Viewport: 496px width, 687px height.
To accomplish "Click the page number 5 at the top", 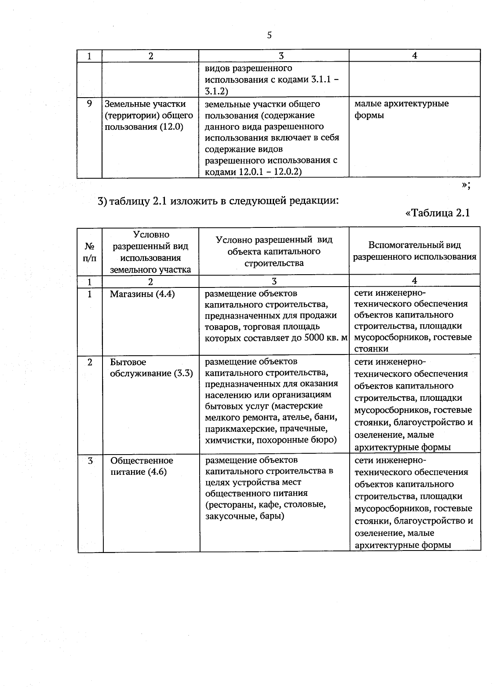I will pos(269,36).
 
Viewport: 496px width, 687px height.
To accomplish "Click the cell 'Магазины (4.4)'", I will pos(142,294).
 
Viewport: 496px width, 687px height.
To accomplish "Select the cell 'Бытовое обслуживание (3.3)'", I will pos(151,368).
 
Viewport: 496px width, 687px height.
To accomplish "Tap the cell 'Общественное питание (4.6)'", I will pos(141,466).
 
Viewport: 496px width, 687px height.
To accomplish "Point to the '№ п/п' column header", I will pos(90,251).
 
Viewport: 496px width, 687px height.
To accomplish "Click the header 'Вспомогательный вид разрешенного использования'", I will pos(414,251).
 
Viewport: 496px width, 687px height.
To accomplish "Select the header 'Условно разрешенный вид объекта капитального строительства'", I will pos(274,251).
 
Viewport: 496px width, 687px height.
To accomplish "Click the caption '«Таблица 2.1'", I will pos(438,213).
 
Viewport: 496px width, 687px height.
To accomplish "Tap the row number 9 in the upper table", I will pos(89,103).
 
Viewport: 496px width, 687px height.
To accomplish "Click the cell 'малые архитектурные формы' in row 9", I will pos(401,109).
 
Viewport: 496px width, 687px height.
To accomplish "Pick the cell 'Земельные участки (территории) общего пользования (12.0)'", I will pos(149,115).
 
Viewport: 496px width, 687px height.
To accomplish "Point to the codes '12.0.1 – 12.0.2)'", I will pos(270,172).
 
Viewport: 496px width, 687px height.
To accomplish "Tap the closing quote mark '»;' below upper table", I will pos(466,185).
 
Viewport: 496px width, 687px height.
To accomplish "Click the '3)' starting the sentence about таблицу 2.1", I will pos(103,201).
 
